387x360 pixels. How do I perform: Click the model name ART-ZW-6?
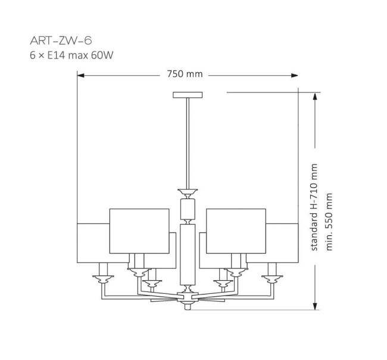coord(61,41)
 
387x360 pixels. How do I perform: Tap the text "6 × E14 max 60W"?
coord(71,55)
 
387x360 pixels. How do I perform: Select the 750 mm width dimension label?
coord(185,74)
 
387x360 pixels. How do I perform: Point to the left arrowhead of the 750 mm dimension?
coord(80,75)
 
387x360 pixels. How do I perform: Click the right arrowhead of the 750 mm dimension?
coord(295,75)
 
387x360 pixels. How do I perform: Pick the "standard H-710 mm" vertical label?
coord(314,207)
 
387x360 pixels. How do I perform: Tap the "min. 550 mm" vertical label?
coord(329,222)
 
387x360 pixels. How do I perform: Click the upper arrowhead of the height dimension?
coord(315,96)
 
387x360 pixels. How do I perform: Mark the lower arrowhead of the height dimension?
coord(315,306)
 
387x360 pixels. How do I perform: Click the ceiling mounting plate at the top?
coord(188,95)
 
